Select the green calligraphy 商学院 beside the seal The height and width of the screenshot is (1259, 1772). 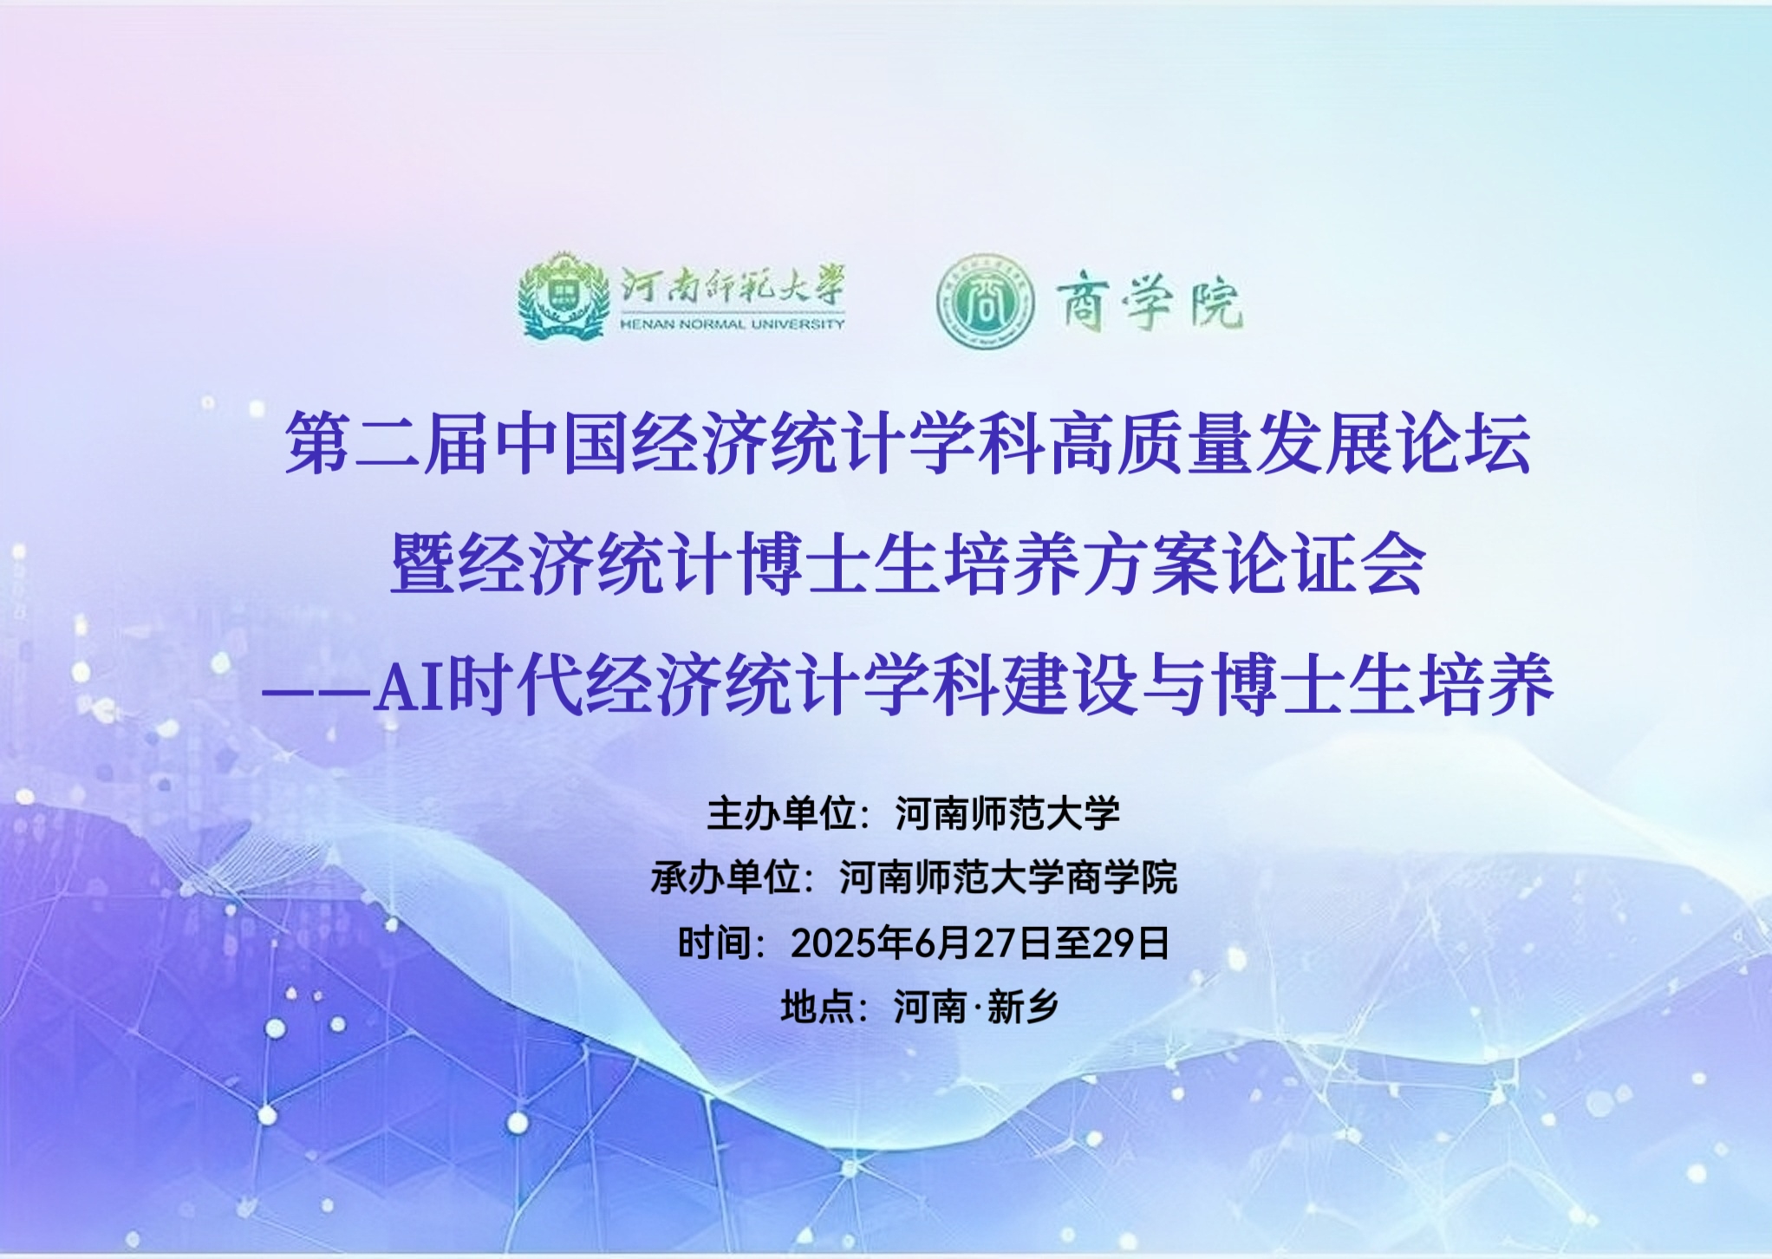click(1149, 303)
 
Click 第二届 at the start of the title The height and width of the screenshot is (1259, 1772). click(388, 443)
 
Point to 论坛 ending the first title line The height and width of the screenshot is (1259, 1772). click(1463, 443)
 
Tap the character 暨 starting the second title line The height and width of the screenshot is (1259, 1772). click(424, 564)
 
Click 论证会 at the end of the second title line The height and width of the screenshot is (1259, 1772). click(1323, 564)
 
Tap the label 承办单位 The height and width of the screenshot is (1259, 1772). click(725, 877)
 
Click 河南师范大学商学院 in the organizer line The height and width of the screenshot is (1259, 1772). click(1008, 877)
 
